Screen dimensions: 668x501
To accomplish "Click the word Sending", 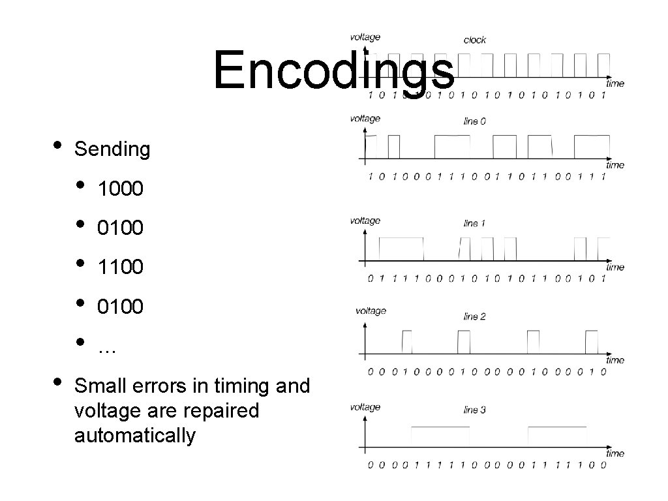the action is tap(112, 149).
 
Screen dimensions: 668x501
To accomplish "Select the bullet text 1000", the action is tap(120, 189).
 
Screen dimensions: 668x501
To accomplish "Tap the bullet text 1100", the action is tap(120, 267).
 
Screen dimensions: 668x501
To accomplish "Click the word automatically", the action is tap(134, 435).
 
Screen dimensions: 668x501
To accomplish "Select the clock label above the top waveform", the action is tap(474, 40).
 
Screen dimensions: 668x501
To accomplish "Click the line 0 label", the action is tap(474, 121).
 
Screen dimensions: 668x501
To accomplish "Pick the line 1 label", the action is tap(474, 223).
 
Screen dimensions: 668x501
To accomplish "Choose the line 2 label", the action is tap(474, 316).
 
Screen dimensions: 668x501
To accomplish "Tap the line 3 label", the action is tap(474, 410).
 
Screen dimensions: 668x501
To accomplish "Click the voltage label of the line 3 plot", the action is tap(365, 407).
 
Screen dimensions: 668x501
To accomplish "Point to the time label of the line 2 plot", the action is tap(615, 359).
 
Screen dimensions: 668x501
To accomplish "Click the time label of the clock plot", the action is tap(615, 83).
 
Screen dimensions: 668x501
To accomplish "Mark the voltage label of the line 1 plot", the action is tap(365, 220).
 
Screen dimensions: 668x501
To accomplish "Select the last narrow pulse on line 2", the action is tap(592, 341).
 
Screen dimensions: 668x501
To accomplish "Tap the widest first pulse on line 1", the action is tap(401, 248).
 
